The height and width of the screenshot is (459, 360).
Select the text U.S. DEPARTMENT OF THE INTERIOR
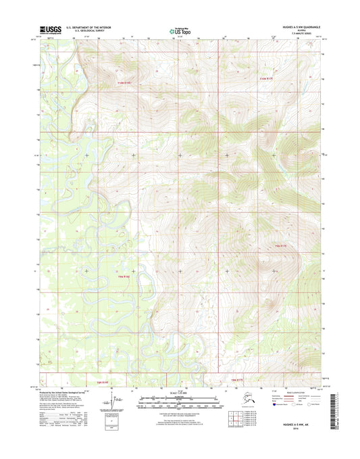coord(88,27)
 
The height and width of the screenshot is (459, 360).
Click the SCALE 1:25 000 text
coord(180,393)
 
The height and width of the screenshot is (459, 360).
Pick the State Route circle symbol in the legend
coord(311,419)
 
